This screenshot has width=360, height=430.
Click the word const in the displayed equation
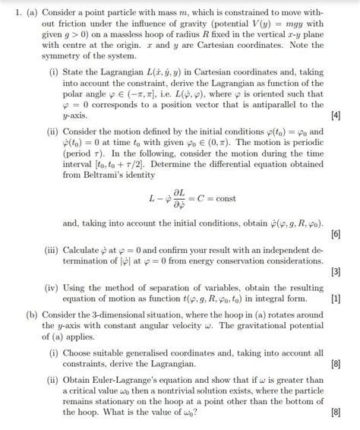(226, 200)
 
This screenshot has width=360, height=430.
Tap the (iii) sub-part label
(55, 248)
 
